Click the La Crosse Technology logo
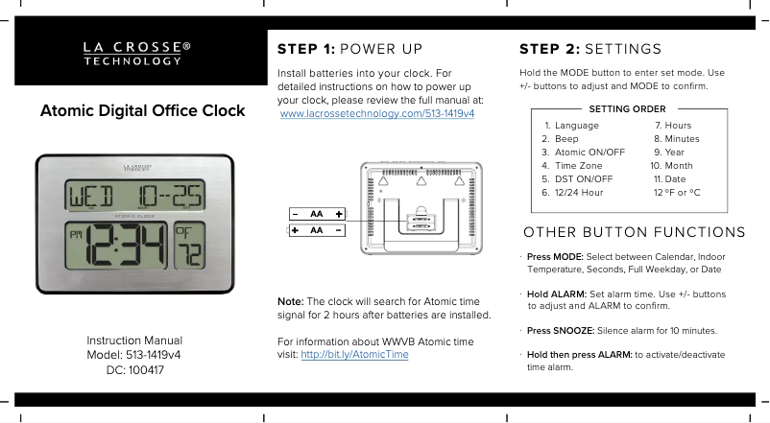coord(137,54)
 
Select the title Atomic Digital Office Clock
coord(142,111)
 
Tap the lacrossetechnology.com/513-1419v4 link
coord(377,114)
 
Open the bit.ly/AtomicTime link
coord(354,354)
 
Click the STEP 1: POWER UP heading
coord(349,49)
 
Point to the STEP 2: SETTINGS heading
coord(590,49)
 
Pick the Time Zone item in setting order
coord(572,166)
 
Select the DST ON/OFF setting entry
coord(578,179)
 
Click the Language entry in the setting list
coord(571,126)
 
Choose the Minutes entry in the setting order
coord(677,139)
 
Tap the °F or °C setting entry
coord(677,193)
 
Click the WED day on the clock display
coord(91,196)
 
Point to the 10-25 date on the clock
coord(170,195)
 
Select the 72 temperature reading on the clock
coord(190,253)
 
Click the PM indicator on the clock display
coord(76,235)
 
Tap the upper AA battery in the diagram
coord(317,214)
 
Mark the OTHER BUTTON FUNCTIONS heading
coord(635,232)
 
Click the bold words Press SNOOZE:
coord(561,331)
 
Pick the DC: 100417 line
coord(135,370)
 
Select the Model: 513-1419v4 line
coord(133,355)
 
